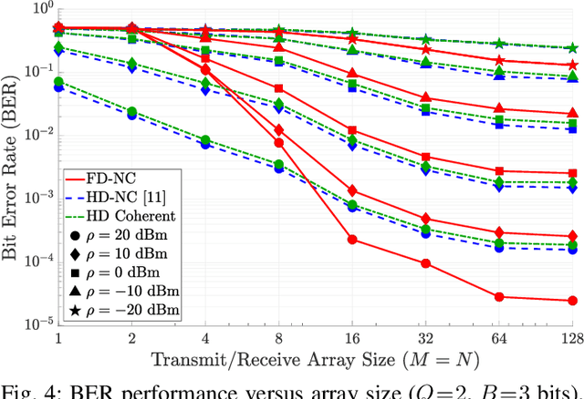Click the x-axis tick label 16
click(353, 338)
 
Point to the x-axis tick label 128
click(572, 338)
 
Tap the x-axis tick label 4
click(205, 338)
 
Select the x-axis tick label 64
click(498, 338)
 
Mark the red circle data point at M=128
click(572, 301)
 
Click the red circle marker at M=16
click(353, 240)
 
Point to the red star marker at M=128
click(572, 66)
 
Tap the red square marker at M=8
click(279, 89)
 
